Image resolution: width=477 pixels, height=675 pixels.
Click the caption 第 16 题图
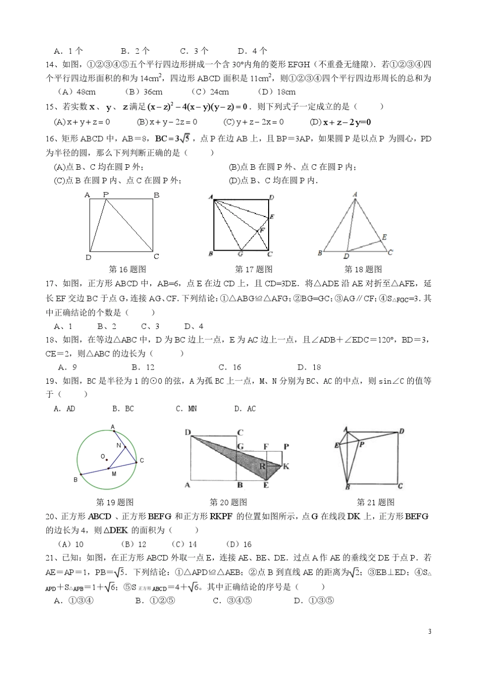(128, 270)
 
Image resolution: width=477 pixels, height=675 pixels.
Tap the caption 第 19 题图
(115, 502)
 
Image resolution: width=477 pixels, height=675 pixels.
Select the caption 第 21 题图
(376, 502)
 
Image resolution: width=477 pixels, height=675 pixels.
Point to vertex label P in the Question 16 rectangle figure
(105, 194)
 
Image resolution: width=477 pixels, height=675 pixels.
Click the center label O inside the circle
(102, 457)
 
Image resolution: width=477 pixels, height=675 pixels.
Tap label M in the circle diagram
(114, 474)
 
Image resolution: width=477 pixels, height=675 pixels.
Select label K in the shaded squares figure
(286, 466)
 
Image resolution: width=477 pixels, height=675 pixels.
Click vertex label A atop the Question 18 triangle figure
(355, 194)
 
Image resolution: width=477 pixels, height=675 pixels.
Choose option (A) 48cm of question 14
(77, 92)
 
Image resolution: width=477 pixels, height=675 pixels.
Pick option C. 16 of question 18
(230, 367)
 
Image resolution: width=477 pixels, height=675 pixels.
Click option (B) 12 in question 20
(135, 544)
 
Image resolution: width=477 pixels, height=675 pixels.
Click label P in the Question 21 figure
(362, 444)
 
